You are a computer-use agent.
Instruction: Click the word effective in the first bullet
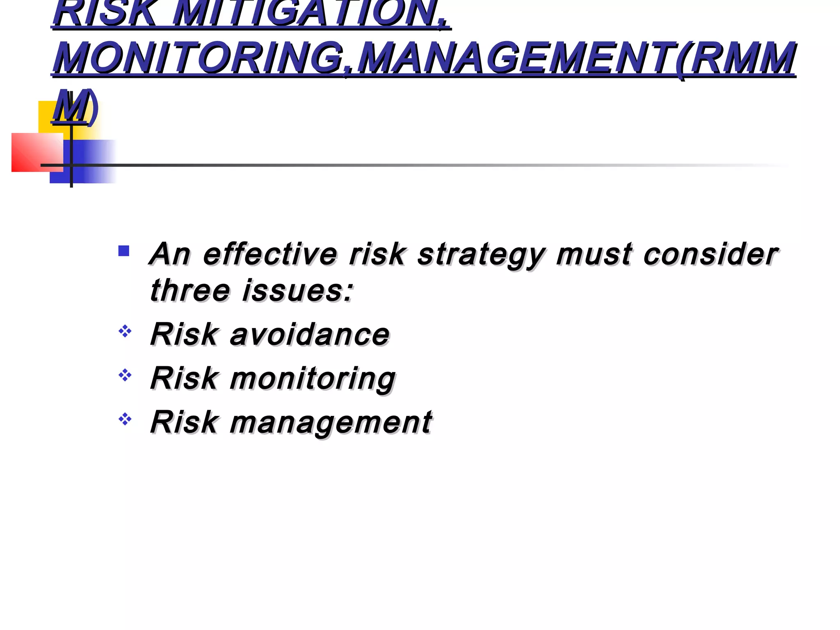(270, 254)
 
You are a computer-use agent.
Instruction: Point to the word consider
(710, 254)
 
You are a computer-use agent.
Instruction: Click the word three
(190, 290)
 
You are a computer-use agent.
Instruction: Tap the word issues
(297, 290)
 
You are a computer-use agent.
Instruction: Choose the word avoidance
(310, 334)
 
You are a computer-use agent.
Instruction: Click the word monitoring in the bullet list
(313, 379)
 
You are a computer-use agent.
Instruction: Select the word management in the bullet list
(331, 422)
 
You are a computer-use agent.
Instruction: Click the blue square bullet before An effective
(123, 251)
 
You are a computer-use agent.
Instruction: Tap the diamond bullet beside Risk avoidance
(125, 331)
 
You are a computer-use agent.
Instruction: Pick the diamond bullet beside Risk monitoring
(125, 375)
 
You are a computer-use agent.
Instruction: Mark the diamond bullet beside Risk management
(125, 419)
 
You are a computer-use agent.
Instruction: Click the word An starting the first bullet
(170, 254)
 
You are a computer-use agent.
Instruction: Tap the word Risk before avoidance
(184, 334)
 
